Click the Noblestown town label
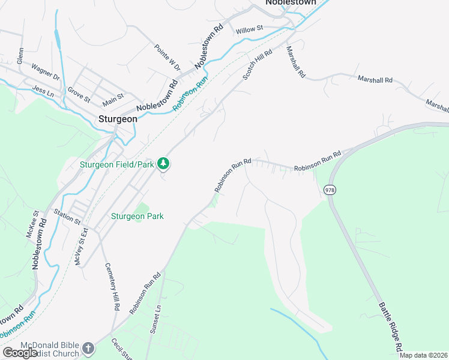pyautogui.click(x=291, y=3)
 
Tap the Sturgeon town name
pyautogui.click(x=118, y=119)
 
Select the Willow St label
pyautogui.click(x=250, y=29)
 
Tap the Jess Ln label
pyautogui.click(x=43, y=91)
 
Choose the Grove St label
pyautogui.click(x=79, y=94)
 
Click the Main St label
pyautogui.click(x=113, y=96)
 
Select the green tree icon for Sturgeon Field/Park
pyautogui.click(x=163, y=163)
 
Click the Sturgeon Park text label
pyautogui.click(x=137, y=216)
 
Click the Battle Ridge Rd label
pyautogui.click(x=390, y=326)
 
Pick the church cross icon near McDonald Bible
pyautogui.click(x=88, y=347)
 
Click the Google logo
pyautogui.click(x=20, y=353)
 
